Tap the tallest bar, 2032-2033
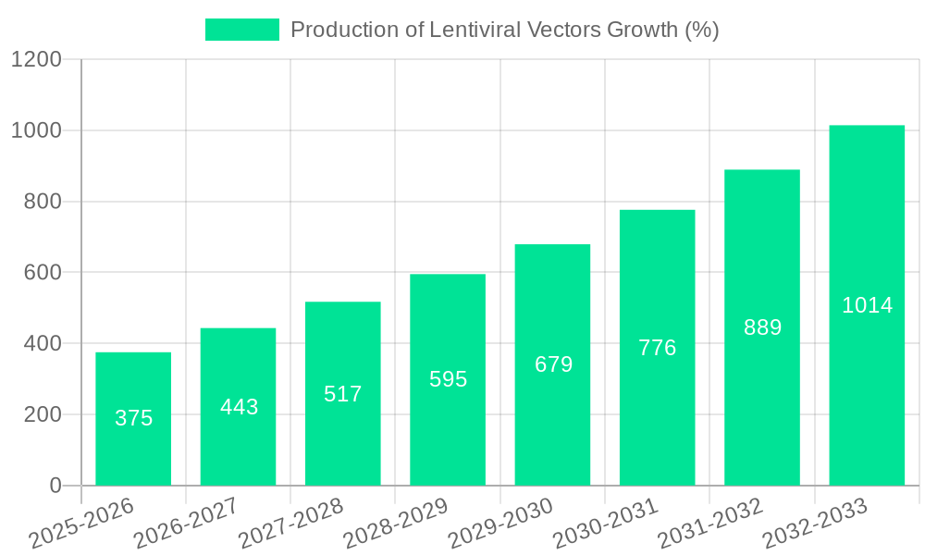click(867, 305)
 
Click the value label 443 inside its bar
click(239, 407)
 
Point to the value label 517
click(343, 394)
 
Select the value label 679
click(553, 364)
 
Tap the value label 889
click(762, 327)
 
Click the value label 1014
click(867, 305)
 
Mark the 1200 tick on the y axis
click(36, 60)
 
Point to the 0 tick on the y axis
click(55, 486)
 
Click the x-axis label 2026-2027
click(186, 524)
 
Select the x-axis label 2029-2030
click(500, 524)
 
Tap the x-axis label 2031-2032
click(710, 524)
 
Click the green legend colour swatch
click(241, 30)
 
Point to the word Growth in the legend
click(642, 30)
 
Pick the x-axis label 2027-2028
click(290, 524)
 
